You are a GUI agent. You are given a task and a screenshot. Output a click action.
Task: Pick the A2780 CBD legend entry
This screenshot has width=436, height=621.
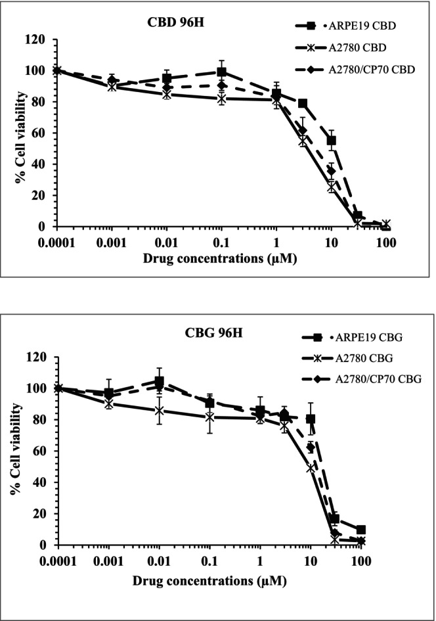tap(352, 49)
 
